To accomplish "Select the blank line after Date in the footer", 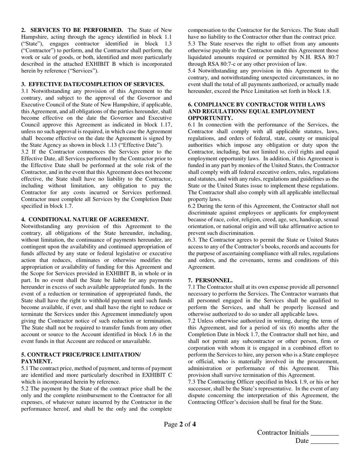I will pyautogui.click(x=324, y=441).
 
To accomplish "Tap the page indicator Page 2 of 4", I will pyautogui.click(x=180, y=424).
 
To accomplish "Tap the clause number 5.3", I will pyautogui.click(x=192, y=44).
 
